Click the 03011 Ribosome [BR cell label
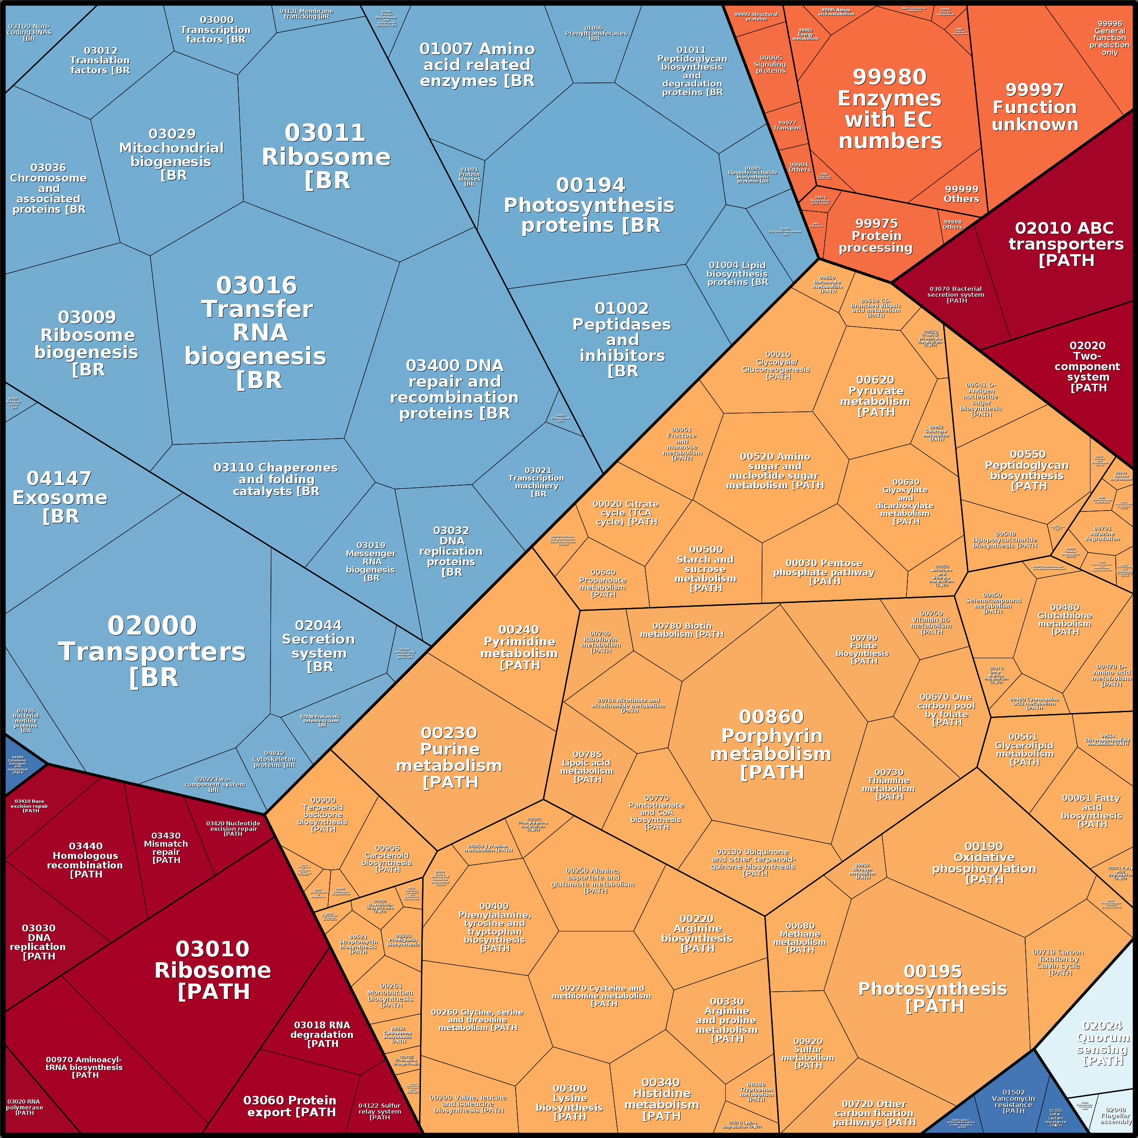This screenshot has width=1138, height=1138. point(326,157)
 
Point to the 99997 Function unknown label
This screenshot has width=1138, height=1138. point(1035,107)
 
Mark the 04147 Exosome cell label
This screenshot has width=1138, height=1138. point(59,497)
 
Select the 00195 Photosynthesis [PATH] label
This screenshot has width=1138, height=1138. point(932,989)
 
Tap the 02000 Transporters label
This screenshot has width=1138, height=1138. point(152,651)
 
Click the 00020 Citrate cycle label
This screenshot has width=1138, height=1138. point(626,512)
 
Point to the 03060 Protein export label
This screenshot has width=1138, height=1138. point(290,1106)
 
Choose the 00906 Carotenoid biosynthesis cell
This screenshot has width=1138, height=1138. point(387,859)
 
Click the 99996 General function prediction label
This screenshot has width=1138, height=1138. point(1109,38)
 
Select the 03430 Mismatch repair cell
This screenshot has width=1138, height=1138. point(166,848)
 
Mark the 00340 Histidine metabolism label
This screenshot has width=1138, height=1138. point(661,1099)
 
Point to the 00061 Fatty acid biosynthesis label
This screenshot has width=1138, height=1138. point(1091,811)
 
